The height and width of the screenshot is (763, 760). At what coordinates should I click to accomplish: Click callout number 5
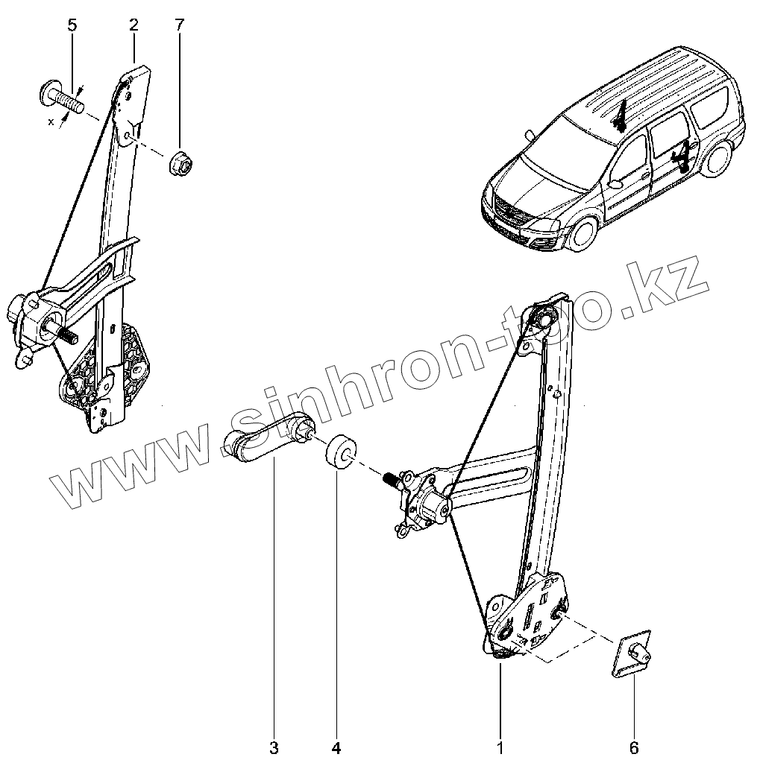(x=72, y=25)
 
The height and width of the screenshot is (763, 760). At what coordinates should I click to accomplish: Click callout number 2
(x=134, y=25)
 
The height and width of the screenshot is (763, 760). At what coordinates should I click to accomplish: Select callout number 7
(x=179, y=25)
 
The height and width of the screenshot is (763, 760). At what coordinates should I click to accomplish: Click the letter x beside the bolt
(x=51, y=122)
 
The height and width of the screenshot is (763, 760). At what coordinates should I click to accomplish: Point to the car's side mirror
(x=617, y=183)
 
